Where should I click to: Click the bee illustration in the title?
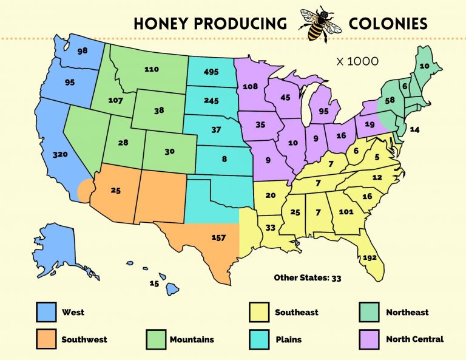pyautogui.click(x=317, y=24)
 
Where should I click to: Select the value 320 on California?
pyautogui.click(x=60, y=155)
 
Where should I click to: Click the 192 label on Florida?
pyautogui.click(x=370, y=257)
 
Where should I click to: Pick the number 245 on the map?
pyautogui.click(x=212, y=101)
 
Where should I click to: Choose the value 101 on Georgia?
pyautogui.click(x=346, y=212)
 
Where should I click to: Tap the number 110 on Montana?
pyautogui.click(x=151, y=69)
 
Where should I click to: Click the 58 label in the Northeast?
pyautogui.click(x=390, y=100)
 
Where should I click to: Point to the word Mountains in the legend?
pyautogui.click(x=192, y=339)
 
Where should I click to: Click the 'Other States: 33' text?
pyautogui.click(x=308, y=277)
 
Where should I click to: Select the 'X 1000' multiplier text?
pyautogui.click(x=358, y=61)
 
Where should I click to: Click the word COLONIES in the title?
pyautogui.click(x=388, y=24)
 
